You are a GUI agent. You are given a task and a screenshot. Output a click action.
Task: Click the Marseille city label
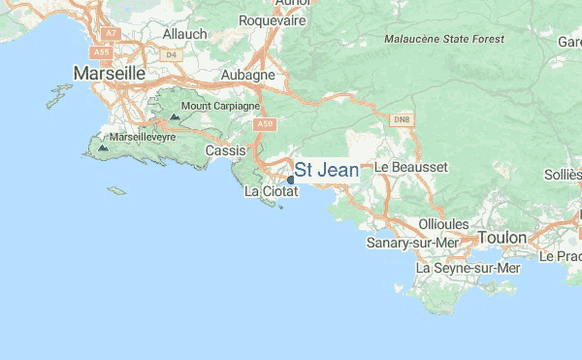coord(110,73)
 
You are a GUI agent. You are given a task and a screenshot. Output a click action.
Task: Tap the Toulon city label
coord(501,237)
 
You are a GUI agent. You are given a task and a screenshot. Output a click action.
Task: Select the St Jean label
coord(326,171)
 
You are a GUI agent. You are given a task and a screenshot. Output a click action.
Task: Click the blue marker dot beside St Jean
coord(290,180)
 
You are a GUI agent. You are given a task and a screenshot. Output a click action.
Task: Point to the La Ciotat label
coord(271,191)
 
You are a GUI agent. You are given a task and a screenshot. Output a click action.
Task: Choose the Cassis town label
coord(226,150)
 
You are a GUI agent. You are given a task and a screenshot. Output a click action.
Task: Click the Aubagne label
coord(248,75)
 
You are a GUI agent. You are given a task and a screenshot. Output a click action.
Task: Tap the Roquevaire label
coord(273,19)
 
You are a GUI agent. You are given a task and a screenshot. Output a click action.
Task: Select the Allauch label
coord(185,33)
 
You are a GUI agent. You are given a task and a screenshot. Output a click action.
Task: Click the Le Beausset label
coord(411,167)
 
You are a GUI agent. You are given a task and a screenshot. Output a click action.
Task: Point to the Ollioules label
coord(441,223)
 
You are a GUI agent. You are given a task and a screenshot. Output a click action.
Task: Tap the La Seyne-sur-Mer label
coord(468,268)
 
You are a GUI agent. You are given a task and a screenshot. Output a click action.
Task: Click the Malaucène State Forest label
coord(444,39)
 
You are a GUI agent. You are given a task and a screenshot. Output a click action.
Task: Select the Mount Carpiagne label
coord(220,106)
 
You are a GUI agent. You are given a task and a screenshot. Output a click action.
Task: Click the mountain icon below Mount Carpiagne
coord(175,116)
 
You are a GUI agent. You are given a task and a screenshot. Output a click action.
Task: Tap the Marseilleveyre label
coord(143,138)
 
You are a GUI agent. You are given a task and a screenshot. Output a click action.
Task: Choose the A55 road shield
coord(103,50)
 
